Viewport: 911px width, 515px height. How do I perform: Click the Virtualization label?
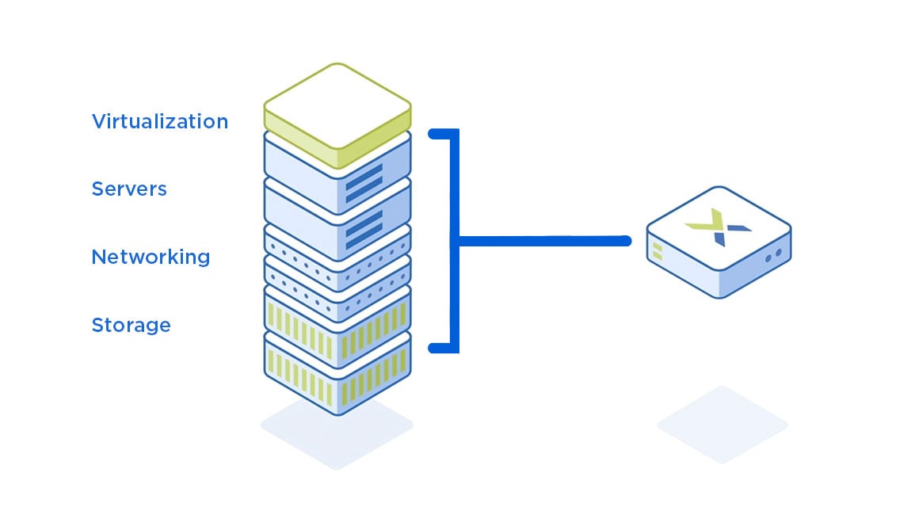pyautogui.click(x=159, y=121)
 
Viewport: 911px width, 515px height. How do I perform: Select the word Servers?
pyautogui.click(x=129, y=189)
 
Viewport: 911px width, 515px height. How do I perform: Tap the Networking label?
pyautogui.click(x=151, y=257)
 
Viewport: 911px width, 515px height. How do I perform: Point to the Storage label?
pyautogui.click(x=131, y=326)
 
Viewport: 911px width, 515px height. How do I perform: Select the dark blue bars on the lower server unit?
pyautogui.click(x=364, y=227)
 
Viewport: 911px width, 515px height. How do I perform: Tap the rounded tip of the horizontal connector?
pyautogui.click(x=626, y=240)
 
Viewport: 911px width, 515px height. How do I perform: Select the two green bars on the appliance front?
pyautogui.click(x=657, y=252)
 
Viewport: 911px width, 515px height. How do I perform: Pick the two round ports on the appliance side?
pyautogui.click(x=773, y=255)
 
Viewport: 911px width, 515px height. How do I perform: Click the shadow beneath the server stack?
pyautogui.click(x=337, y=428)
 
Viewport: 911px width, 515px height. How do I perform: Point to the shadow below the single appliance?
pyautogui.click(x=722, y=424)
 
